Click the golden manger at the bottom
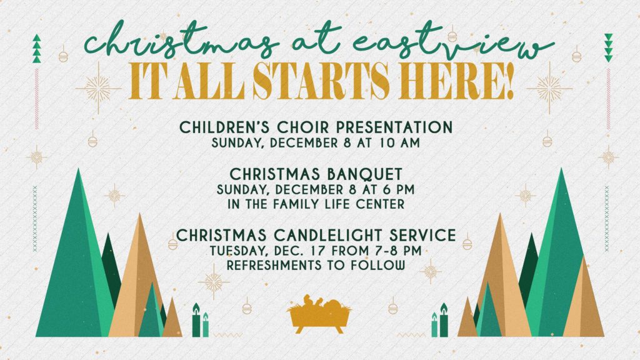[x=319, y=314]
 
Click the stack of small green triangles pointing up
[x=37, y=49]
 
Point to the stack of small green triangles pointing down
[x=609, y=47]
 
